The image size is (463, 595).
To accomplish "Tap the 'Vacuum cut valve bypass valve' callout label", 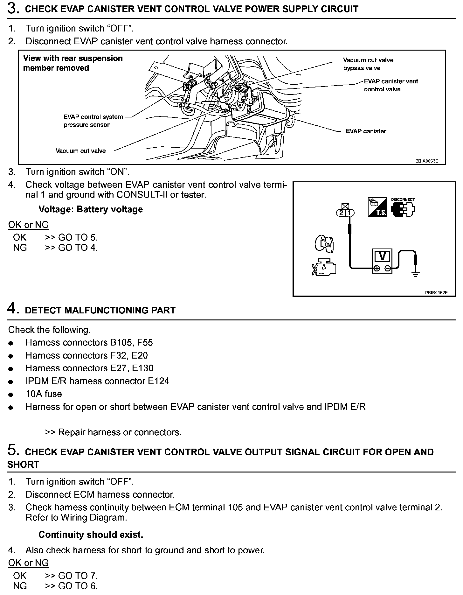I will tap(368, 64).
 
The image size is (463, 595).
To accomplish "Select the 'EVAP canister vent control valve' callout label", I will tap(391, 85).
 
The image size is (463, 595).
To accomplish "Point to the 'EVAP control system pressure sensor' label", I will tap(93, 121).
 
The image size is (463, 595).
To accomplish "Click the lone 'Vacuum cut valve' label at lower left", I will tap(80, 151).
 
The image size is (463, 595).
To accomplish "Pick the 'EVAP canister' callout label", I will tap(366, 131).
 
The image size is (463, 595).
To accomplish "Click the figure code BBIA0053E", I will tap(426, 161).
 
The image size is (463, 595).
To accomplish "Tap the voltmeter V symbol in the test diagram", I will tap(383, 256).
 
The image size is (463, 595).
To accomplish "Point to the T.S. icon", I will tap(377, 207).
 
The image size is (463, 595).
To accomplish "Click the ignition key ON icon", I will tap(323, 244).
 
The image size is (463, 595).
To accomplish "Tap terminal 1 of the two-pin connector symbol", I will tap(349, 213).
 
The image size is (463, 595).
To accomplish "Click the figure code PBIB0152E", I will tap(436, 293).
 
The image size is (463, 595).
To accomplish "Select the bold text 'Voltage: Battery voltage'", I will tap(91, 209).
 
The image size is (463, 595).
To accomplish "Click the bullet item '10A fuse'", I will tap(44, 394).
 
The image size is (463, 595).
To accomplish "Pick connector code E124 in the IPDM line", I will tap(158, 381).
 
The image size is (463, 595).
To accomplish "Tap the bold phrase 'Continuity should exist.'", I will tap(91, 535).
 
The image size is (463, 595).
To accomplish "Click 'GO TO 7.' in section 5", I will tap(78, 576).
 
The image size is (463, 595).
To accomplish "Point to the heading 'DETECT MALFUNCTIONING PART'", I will tap(100, 310).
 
